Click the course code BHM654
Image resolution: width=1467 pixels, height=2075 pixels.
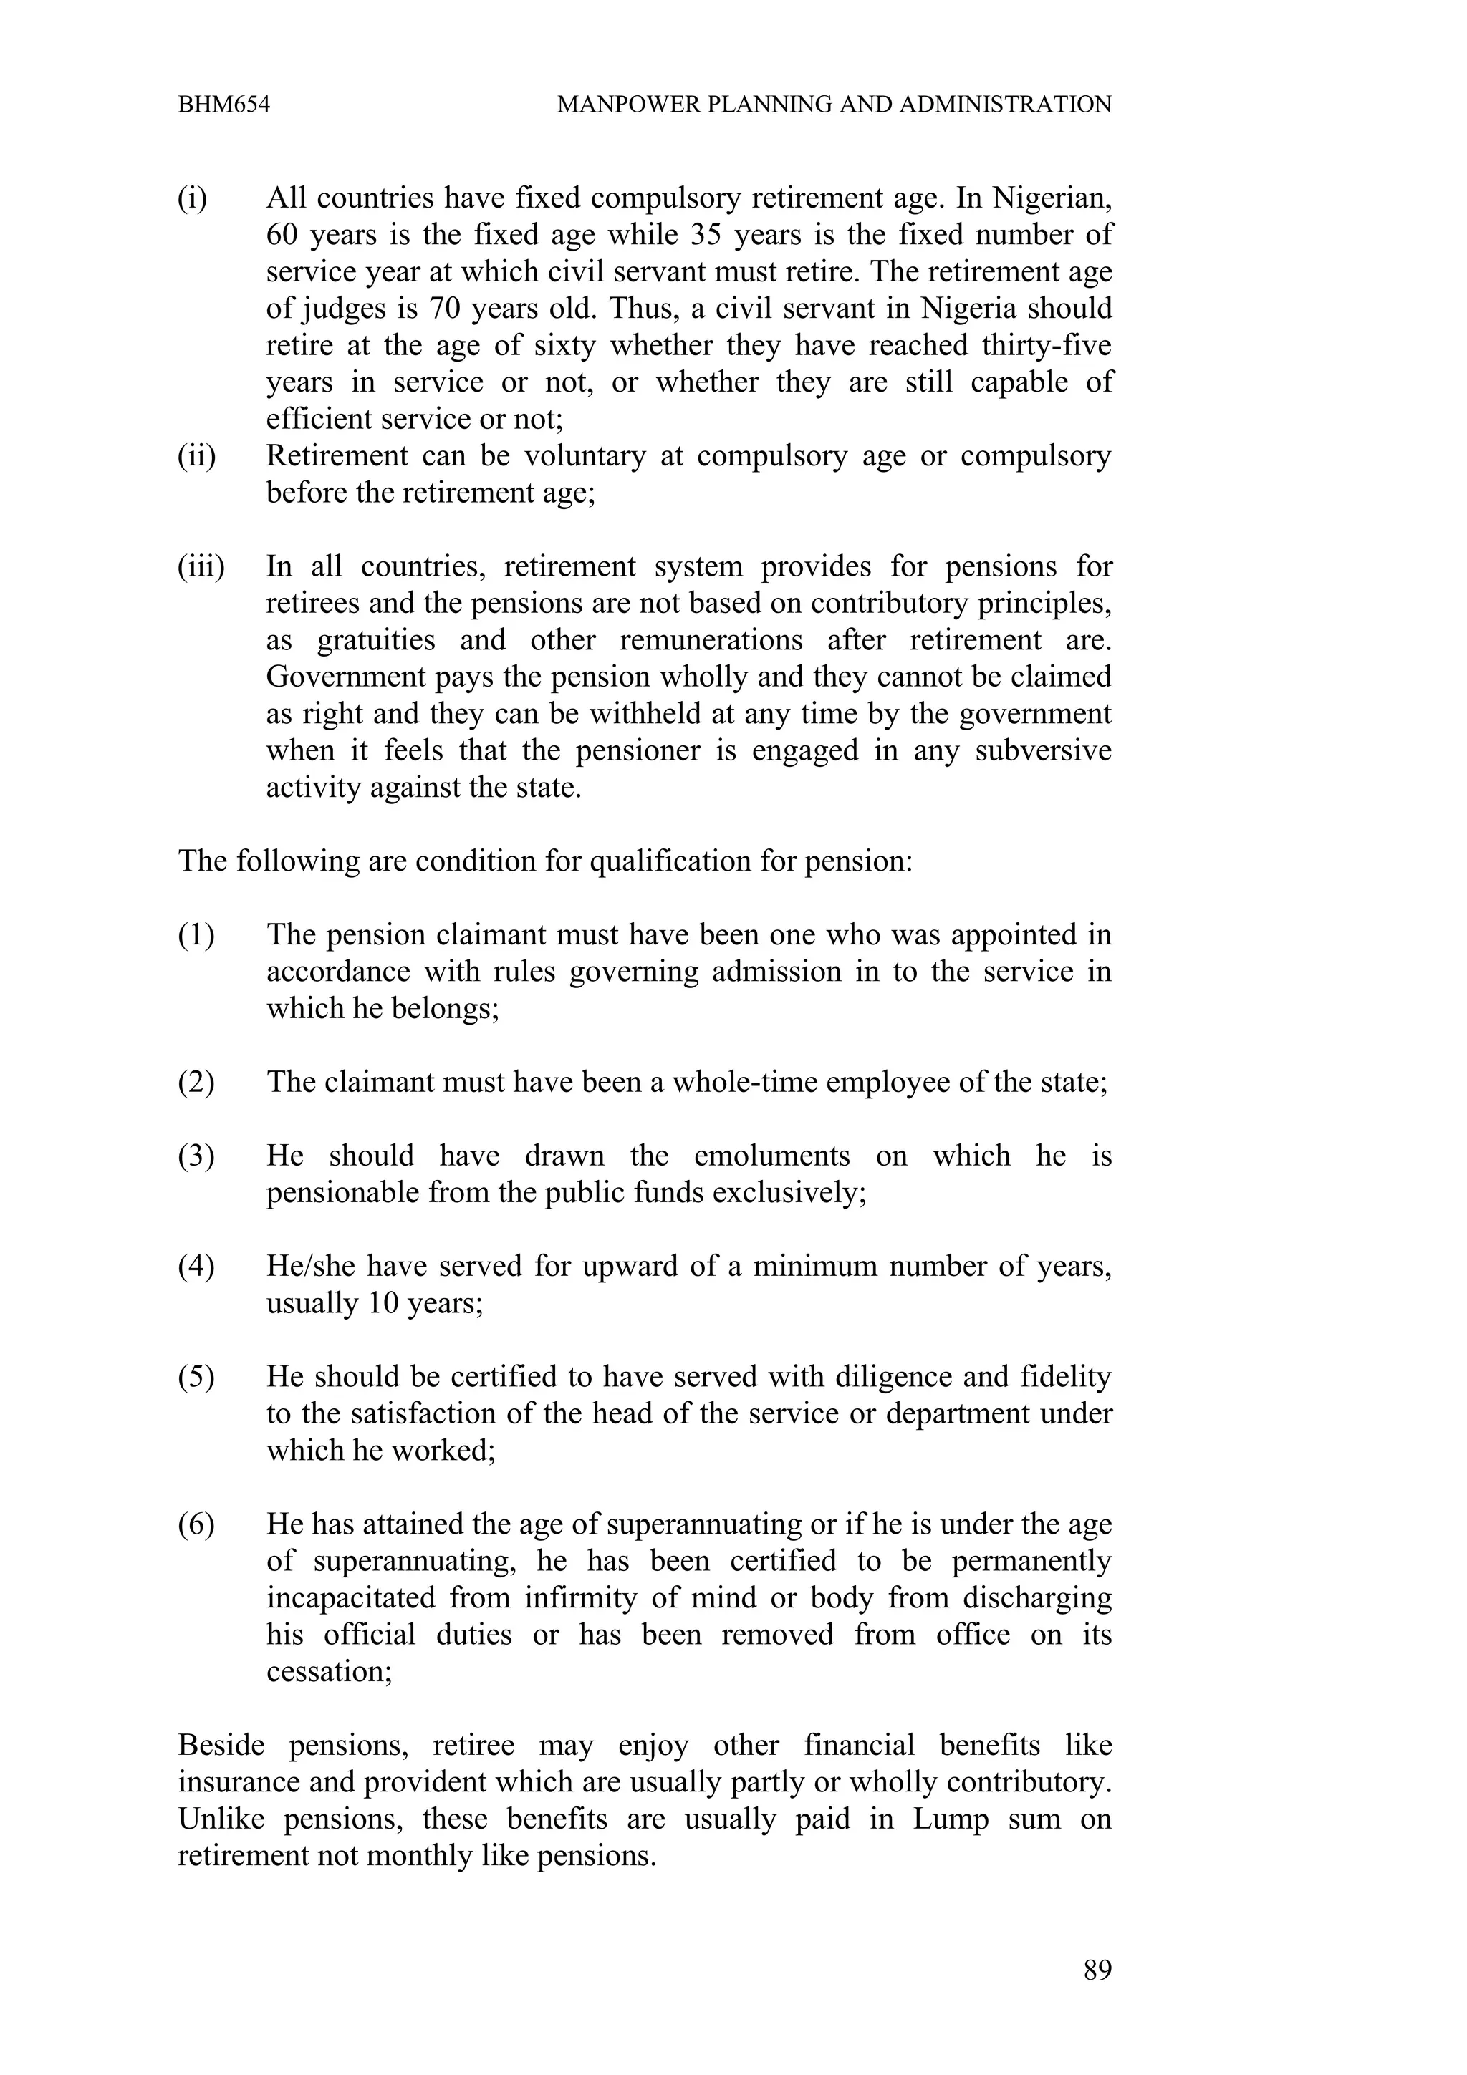[x=223, y=105]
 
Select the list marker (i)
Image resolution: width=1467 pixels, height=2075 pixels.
[x=192, y=197]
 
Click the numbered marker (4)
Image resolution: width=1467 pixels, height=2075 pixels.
[x=196, y=1266]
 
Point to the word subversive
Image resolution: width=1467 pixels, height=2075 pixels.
[x=1043, y=751]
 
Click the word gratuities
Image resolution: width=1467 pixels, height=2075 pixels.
[x=376, y=641]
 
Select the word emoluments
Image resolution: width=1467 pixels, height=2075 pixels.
[x=772, y=1156]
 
